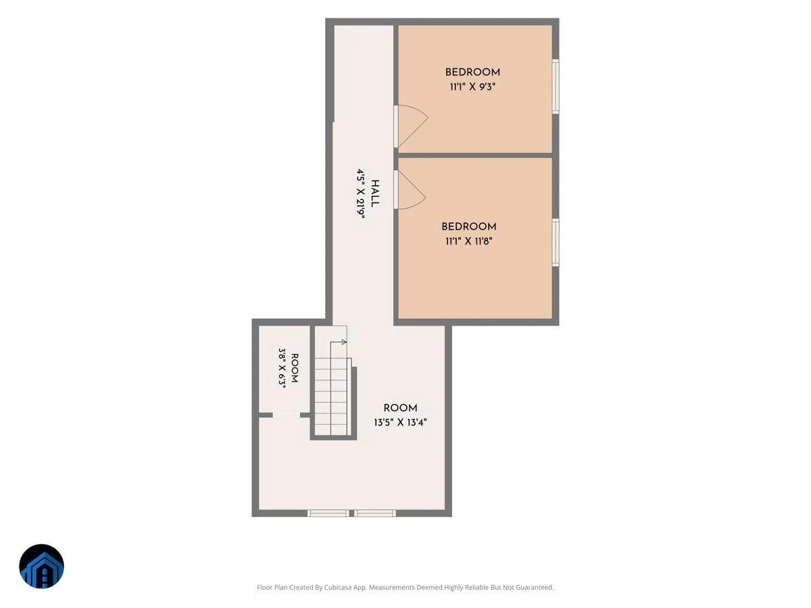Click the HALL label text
pyautogui.click(x=374, y=193)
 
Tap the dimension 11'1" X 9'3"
pyautogui.click(x=472, y=87)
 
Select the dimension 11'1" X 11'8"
pyautogui.click(x=468, y=241)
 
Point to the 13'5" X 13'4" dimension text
pyautogui.click(x=400, y=422)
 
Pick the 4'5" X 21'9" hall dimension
pyautogui.click(x=361, y=194)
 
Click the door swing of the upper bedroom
pyautogui.click(x=413, y=126)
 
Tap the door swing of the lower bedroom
pyautogui.click(x=412, y=190)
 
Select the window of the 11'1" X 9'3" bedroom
pyautogui.click(x=556, y=86)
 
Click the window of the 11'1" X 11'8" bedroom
pyautogui.click(x=556, y=243)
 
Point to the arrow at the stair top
pyautogui.click(x=338, y=343)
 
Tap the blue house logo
pyautogui.click(x=41, y=566)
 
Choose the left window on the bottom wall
pyautogui.click(x=328, y=513)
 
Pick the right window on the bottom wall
pyautogui.click(x=375, y=513)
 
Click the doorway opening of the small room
pyautogui.click(x=287, y=415)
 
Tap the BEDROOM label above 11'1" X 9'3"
pyautogui.click(x=472, y=72)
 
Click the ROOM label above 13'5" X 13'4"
pyautogui.click(x=400, y=408)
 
